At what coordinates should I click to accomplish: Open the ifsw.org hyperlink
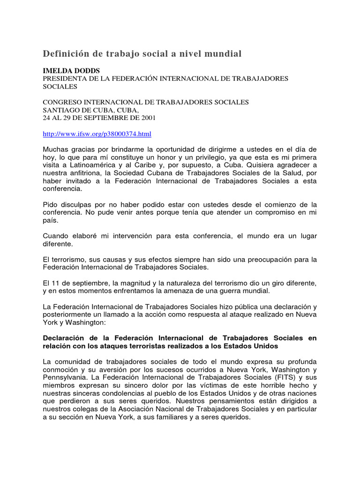97,134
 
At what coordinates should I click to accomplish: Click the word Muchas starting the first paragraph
55,149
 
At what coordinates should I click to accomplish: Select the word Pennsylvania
65,378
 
